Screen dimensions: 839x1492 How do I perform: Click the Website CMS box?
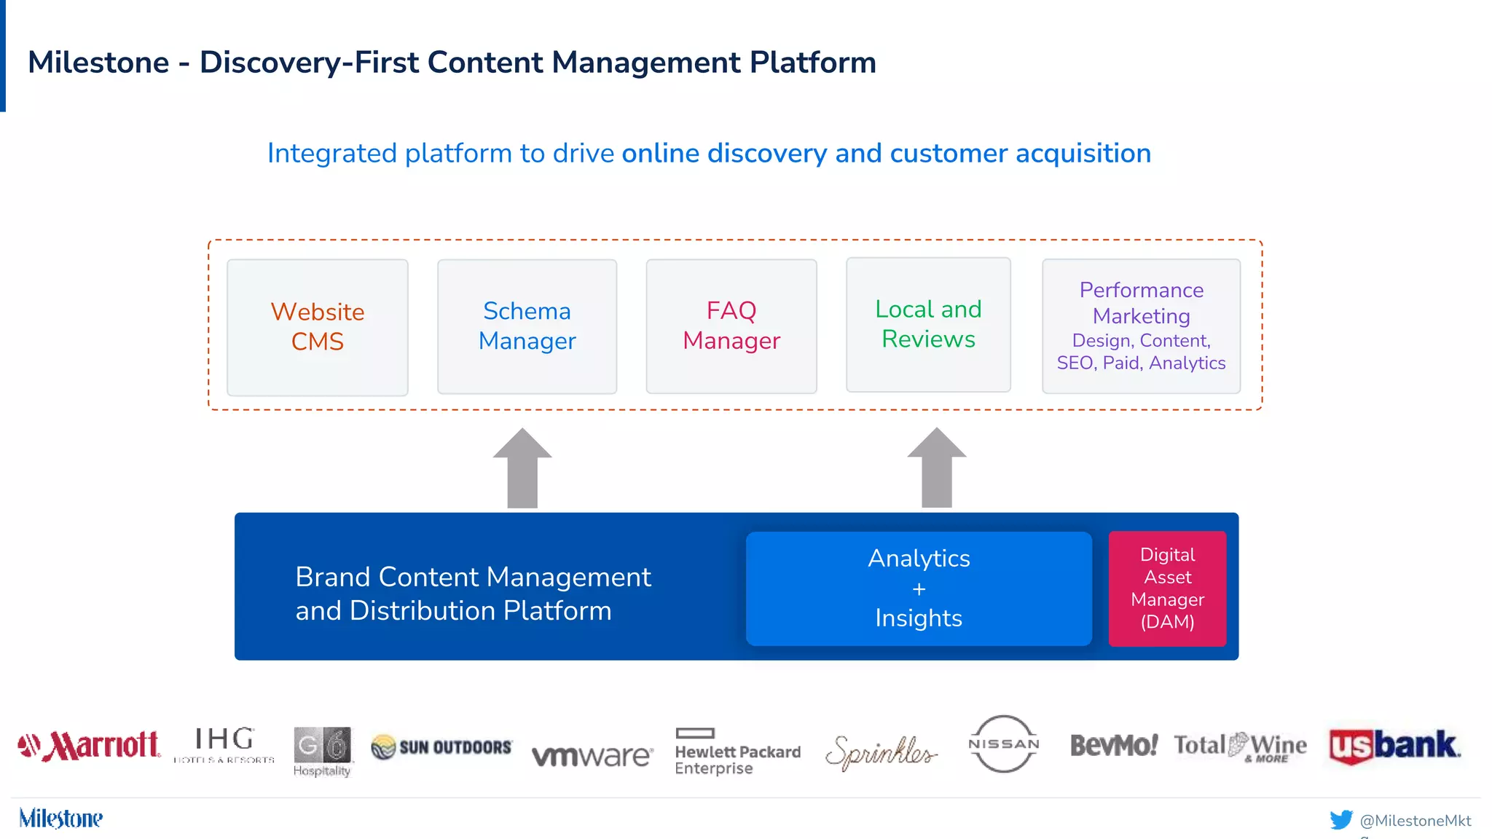click(317, 327)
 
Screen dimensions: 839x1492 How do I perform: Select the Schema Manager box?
click(527, 326)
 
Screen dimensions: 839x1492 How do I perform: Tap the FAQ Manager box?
click(731, 326)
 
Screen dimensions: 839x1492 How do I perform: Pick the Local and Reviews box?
click(928, 325)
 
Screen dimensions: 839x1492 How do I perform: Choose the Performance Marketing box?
click(1141, 326)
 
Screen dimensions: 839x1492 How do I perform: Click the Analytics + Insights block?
click(918, 588)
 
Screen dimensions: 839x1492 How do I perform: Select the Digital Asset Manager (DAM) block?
click(1167, 588)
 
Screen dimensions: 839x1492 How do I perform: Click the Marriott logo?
click(89, 746)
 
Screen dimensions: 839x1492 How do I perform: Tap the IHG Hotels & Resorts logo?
click(224, 744)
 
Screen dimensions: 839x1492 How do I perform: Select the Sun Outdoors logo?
click(441, 747)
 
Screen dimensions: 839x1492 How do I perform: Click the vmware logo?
click(592, 756)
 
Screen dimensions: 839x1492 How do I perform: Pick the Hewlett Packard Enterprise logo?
click(737, 752)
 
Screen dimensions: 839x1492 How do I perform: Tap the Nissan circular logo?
click(1003, 744)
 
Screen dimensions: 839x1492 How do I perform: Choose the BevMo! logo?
click(1113, 745)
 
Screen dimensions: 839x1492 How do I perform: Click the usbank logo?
click(1394, 746)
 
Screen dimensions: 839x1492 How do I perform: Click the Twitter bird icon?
click(1340, 820)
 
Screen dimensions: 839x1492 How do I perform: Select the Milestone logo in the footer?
click(60, 819)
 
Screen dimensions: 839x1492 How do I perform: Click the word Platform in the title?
click(812, 63)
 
